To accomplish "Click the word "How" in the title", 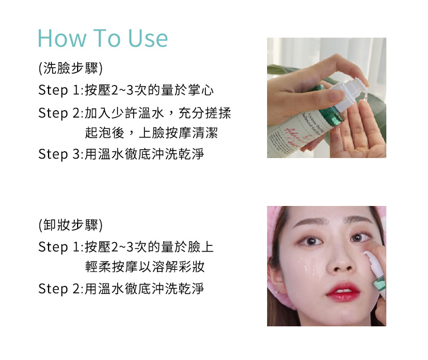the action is [x=62, y=38].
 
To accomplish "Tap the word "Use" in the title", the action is [x=148, y=38].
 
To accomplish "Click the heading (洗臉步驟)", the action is [x=70, y=68].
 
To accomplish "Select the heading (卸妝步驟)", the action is [x=70, y=225].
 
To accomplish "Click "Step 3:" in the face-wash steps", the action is [x=60, y=154].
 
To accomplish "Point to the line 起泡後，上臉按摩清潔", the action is [x=151, y=133].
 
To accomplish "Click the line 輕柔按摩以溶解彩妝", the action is [x=145, y=266].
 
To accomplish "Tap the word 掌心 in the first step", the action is [x=201, y=90].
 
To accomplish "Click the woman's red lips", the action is [x=343, y=292].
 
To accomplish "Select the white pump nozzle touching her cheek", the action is [x=370, y=259].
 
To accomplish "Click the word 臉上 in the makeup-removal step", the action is [x=201, y=247].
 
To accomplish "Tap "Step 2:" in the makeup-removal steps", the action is [x=60, y=289].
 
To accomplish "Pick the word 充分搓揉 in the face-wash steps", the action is [x=205, y=113].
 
